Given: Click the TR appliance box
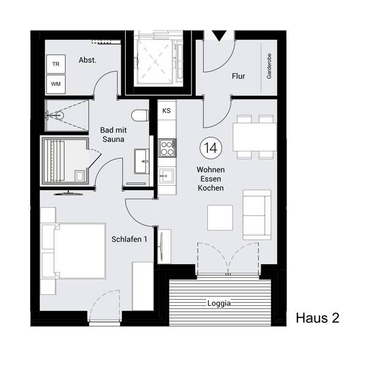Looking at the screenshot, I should (x=56, y=64).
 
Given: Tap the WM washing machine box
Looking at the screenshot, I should (x=56, y=83).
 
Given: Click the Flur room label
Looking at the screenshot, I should (x=239, y=76).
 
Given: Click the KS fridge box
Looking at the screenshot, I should (x=166, y=111).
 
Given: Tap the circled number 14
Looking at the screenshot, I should (x=211, y=147).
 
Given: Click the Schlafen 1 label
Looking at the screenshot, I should (x=129, y=239).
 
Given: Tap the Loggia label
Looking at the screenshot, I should (x=219, y=303).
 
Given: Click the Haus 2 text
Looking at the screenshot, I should (x=317, y=318).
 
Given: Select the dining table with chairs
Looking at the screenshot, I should (x=254, y=135).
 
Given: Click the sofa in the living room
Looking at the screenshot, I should (x=257, y=214).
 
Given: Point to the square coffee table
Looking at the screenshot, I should (x=220, y=216).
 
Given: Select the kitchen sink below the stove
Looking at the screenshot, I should (x=166, y=177).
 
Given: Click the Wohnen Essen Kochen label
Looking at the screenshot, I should (x=210, y=178).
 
